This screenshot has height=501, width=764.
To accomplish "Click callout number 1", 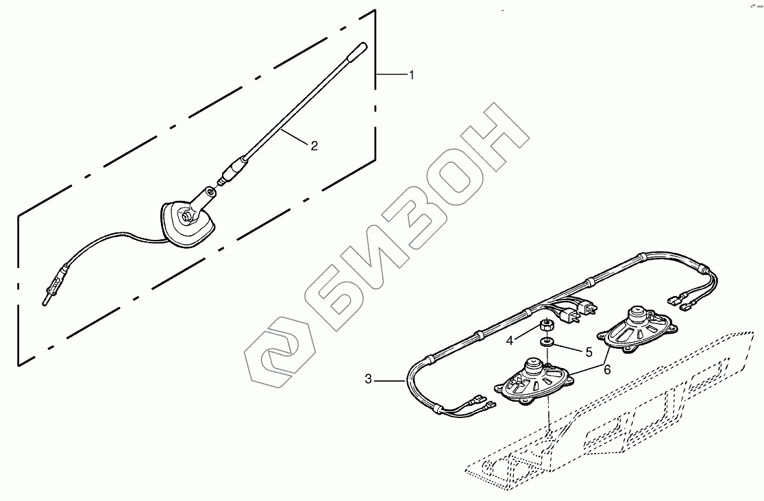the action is coord(411,75).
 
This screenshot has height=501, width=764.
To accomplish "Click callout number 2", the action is coord(314,145).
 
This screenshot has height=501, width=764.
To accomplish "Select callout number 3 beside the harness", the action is coord(369,378).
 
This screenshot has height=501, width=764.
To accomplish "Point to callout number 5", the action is coord(588,352).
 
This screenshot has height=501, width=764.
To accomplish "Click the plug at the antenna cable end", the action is coord(49,294).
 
